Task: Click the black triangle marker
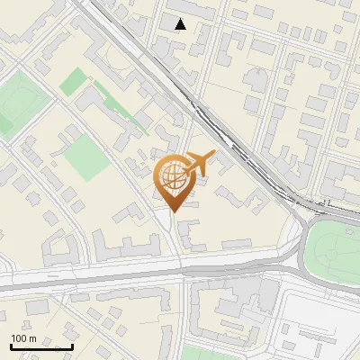coord(181,24)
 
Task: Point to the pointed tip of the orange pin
coord(172,211)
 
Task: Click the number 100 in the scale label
coord(19,338)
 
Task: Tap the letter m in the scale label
coord(32,338)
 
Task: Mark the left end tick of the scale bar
coord(12,346)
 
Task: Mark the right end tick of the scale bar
coord(72,346)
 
